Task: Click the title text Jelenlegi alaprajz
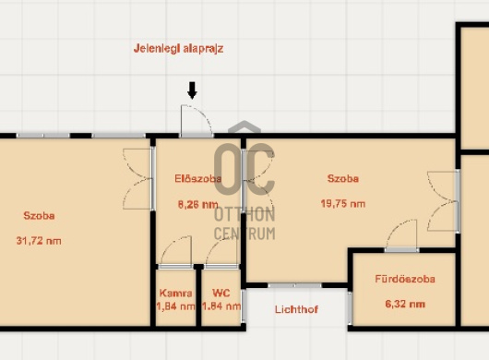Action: point(178,49)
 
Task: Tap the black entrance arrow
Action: point(192,90)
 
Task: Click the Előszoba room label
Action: point(198,179)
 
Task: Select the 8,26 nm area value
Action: point(198,204)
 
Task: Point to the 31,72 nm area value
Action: point(39,241)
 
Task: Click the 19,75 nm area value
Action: point(343,204)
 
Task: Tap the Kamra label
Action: point(175,293)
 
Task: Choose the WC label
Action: point(221,293)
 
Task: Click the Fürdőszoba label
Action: point(405,279)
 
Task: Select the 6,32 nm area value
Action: point(405,304)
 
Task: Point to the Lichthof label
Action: point(296,309)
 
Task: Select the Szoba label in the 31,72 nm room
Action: point(39,216)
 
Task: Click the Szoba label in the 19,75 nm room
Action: point(343,178)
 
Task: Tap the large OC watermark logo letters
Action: point(244,169)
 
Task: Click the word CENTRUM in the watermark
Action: point(244,234)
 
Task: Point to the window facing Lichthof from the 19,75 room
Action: point(294,285)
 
